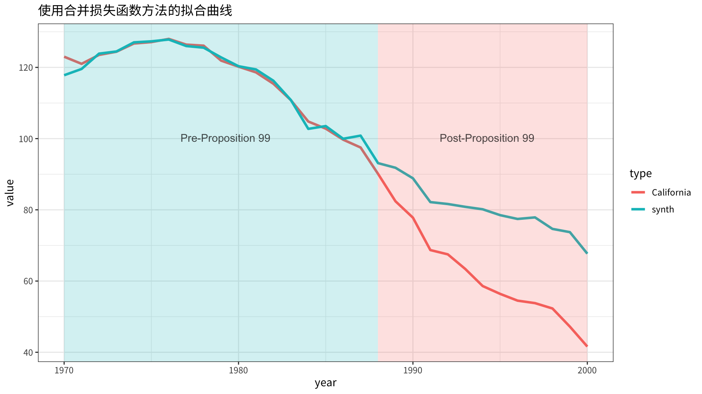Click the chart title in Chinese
135,11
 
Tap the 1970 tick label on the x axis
64,370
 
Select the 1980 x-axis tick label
238,370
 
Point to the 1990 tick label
413,370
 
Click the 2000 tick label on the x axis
587,370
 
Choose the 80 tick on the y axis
29,210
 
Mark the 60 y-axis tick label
29,281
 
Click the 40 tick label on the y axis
29,352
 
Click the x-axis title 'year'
326,383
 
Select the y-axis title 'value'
10,193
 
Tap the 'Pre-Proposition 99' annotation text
225,138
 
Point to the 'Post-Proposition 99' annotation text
487,138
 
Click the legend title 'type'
640,173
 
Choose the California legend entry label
671,193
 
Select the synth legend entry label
663,210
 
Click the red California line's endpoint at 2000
587,346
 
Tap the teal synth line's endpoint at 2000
587,253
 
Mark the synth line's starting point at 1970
65,75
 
